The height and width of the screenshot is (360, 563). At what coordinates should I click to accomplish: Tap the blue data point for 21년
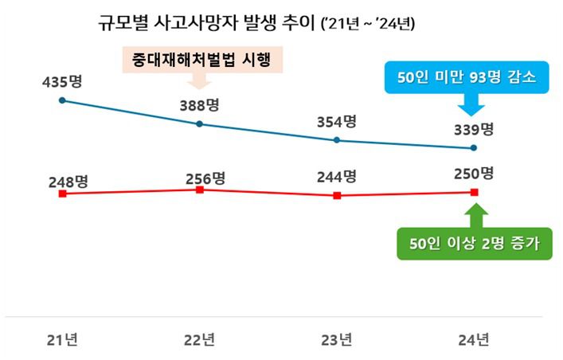[62, 100]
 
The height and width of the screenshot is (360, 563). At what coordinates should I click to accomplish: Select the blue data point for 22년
[199, 123]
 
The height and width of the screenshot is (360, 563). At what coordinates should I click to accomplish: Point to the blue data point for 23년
[337, 140]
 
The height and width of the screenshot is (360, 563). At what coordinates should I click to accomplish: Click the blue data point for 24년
[475, 148]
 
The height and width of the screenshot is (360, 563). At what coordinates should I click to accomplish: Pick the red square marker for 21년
[62, 194]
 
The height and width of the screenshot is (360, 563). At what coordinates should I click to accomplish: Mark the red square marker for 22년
[199, 190]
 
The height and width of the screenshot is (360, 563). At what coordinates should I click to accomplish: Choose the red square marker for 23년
[337, 195]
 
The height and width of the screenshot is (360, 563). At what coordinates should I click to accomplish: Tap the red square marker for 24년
[475, 192]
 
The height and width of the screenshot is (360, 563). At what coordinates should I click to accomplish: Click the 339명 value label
[475, 130]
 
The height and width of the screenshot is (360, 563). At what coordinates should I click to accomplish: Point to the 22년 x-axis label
[199, 340]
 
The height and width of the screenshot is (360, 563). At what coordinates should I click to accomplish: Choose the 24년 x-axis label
[475, 340]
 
